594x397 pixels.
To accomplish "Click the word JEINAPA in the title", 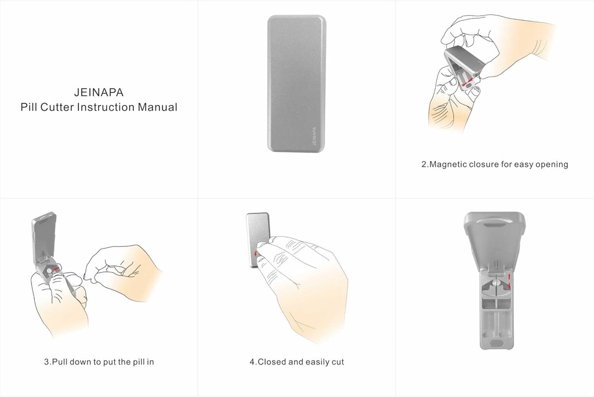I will click(x=99, y=92).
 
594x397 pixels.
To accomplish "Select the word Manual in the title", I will click(x=157, y=107).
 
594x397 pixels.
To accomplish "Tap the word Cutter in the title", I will click(x=57, y=107).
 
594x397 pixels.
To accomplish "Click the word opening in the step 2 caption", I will click(x=551, y=164).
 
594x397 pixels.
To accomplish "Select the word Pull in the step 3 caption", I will click(x=61, y=362).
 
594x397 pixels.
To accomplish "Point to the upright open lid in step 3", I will click(x=44, y=232).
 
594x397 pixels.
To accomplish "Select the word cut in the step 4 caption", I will click(x=336, y=362).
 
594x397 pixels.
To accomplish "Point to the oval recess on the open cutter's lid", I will click(x=494, y=221).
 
